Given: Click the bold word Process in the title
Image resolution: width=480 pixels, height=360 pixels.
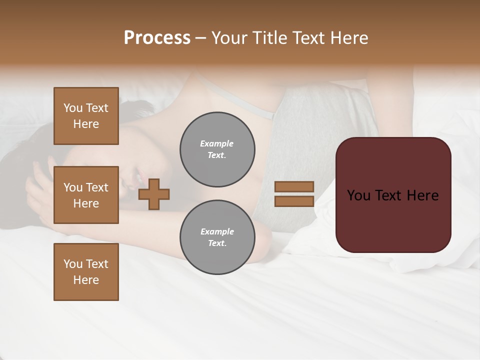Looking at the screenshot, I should [157, 38].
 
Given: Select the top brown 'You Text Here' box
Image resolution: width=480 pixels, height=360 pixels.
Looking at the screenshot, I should [86, 116].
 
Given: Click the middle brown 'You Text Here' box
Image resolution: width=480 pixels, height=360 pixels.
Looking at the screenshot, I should [86, 195].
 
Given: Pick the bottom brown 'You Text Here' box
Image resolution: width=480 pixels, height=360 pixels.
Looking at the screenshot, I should [86, 272].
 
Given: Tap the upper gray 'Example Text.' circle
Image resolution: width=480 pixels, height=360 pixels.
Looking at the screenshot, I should [217, 149].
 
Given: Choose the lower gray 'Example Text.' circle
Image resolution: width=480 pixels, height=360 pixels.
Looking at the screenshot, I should [217, 237].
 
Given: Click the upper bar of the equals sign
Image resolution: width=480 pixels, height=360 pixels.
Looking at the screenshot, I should [294, 186].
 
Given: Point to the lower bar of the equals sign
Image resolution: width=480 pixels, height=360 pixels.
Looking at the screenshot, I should [294, 201].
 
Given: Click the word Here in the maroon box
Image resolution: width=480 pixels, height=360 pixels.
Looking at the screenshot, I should [422, 195].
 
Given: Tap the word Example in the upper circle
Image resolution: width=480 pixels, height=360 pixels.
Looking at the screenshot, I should [217, 143].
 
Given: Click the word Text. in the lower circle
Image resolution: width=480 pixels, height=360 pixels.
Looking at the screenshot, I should [217, 243].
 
